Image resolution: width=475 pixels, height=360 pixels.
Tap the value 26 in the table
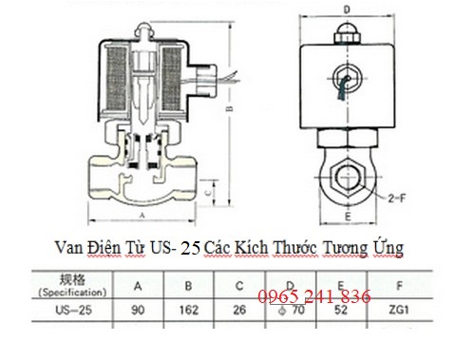click(x=241, y=309)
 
